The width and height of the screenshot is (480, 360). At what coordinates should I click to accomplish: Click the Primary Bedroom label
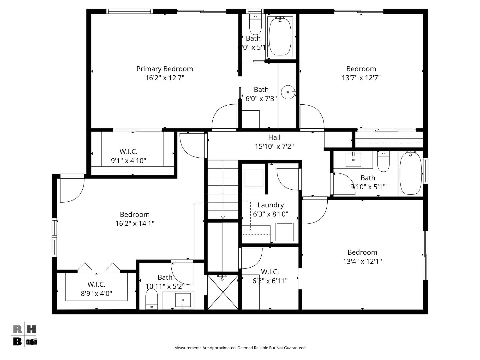point(164,69)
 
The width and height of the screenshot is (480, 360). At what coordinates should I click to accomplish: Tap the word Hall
point(274,137)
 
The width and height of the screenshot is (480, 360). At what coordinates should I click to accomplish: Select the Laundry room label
point(270,205)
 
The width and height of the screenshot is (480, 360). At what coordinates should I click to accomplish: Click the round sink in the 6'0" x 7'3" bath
point(288,92)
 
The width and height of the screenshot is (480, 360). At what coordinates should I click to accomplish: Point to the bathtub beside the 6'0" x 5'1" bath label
point(280,36)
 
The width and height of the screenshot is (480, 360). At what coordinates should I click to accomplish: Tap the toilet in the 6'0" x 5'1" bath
point(255,25)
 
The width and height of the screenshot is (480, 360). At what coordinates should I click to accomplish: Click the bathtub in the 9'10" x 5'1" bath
point(410,173)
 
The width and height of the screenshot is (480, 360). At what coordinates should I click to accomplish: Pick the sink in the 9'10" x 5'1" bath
point(353,160)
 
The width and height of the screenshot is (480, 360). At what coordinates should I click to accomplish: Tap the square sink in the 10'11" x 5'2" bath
point(183,300)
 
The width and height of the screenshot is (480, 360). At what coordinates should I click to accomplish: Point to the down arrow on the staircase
point(223,217)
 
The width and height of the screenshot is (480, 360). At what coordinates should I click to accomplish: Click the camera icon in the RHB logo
point(32,341)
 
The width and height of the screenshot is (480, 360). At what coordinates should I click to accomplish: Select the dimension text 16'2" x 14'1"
point(135,223)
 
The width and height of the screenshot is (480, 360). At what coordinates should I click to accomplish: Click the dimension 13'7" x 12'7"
point(361,78)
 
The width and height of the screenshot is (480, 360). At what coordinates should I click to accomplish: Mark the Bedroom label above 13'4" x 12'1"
point(362,252)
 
